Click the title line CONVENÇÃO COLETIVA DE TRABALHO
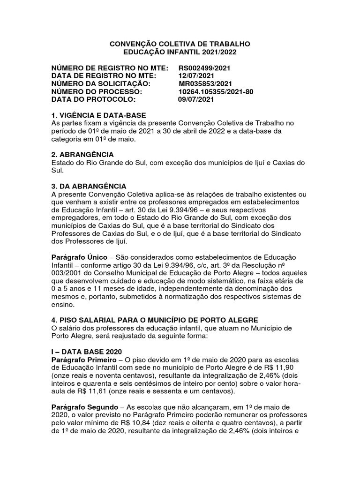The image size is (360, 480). click(x=180, y=44)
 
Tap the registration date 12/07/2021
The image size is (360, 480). click(x=196, y=76)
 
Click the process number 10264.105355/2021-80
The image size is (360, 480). click(x=216, y=92)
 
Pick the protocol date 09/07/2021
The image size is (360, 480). click(x=196, y=100)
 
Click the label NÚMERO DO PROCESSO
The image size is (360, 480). click(x=96, y=92)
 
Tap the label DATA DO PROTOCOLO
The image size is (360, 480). click(x=93, y=100)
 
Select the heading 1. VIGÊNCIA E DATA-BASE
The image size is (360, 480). click(x=98, y=115)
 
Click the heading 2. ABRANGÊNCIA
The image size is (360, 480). click(x=82, y=155)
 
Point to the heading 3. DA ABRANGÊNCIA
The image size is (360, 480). click(x=89, y=186)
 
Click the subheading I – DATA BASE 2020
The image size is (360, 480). click(x=87, y=351)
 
